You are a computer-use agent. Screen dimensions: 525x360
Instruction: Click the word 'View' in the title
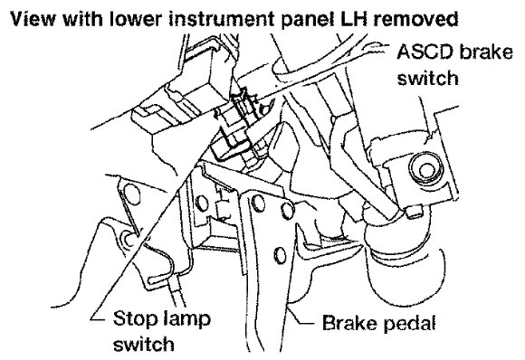click(x=33, y=19)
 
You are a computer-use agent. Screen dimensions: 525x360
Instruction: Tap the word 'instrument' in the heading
click(x=222, y=19)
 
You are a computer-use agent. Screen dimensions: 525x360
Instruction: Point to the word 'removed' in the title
click(x=415, y=19)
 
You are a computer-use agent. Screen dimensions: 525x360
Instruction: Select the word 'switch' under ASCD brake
click(x=427, y=78)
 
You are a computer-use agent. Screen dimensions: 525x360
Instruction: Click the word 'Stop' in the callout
click(x=135, y=318)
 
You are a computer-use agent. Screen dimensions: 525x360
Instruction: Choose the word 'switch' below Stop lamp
click(x=144, y=344)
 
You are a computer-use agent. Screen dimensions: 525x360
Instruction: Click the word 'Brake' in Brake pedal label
click(x=349, y=323)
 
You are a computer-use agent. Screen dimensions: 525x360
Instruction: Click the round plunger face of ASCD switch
click(x=426, y=169)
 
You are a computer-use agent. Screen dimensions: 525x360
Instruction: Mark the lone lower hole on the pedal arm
click(x=280, y=255)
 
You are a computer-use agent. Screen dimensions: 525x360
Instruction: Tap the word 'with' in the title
click(x=82, y=19)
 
